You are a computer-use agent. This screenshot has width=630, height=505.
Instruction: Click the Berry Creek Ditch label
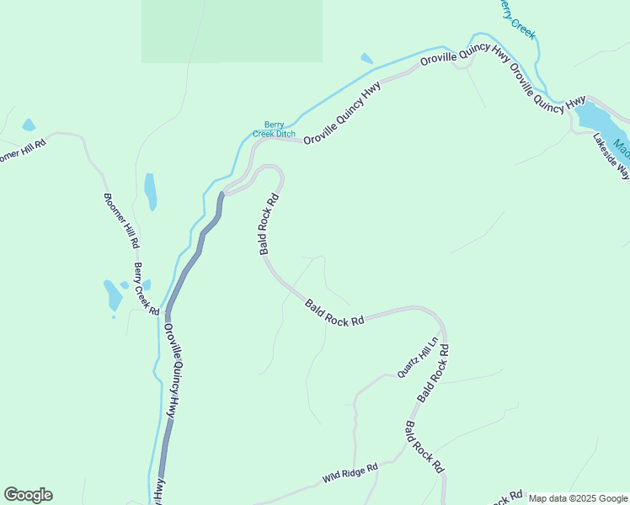275,128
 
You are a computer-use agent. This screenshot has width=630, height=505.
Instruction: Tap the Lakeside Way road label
611,157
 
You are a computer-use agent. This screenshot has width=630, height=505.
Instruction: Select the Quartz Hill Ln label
419,358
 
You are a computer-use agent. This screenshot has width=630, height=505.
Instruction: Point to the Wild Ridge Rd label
350,473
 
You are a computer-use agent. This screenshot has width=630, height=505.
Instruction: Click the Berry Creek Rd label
147,289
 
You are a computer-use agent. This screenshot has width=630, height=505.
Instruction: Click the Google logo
28,495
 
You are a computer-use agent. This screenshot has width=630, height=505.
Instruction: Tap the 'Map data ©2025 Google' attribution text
578,498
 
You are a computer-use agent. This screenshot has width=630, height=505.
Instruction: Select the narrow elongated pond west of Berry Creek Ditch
151,191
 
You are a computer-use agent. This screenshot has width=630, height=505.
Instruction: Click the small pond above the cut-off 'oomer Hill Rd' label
29,125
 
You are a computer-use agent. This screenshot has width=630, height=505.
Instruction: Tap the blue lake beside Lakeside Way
600,117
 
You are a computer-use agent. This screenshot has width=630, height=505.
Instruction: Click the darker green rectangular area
232,31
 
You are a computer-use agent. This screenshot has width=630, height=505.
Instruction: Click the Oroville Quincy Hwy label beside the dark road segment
172,371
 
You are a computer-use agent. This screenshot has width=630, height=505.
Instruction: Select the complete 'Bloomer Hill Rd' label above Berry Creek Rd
121,221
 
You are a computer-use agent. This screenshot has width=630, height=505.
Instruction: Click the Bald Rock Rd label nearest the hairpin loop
269,226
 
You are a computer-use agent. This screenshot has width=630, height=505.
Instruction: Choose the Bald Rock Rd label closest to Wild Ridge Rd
424,447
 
